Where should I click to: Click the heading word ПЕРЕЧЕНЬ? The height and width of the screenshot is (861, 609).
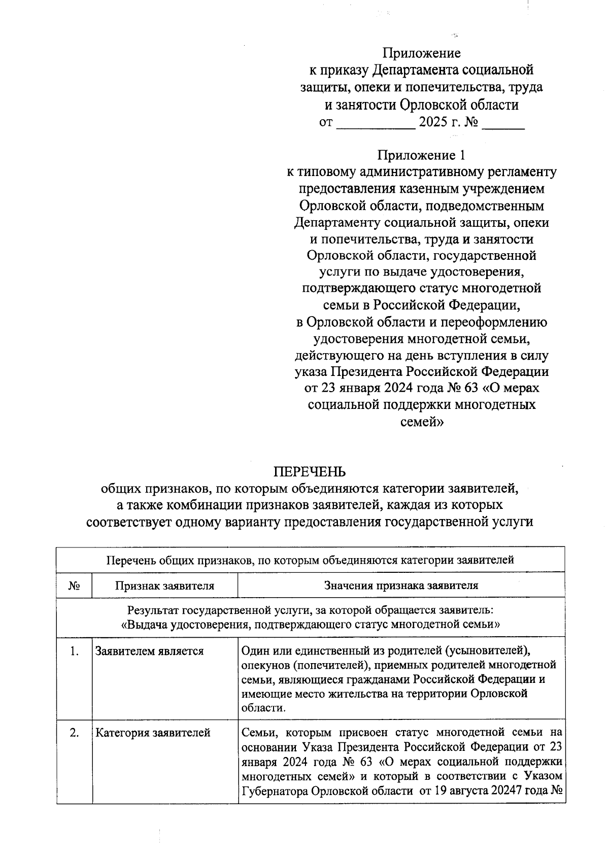[x=310, y=471]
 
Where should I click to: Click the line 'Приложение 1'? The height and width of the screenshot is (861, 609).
[x=421, y=155]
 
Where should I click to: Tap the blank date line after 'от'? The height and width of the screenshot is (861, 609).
[x=376, y=123]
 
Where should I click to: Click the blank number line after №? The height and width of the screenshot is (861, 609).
[x=502, y=123]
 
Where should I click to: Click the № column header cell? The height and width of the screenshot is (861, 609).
[x=74, y=586]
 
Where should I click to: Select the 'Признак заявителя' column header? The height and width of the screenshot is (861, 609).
[x=164, y=586]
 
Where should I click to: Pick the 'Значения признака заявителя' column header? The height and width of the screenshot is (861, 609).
[x=401, y=586]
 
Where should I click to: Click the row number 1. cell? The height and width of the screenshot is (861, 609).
[x=74, y=651]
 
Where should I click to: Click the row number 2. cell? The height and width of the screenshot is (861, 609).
[x=74, y=733]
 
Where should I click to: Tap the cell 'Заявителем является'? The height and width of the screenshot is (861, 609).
[x=150, y=651]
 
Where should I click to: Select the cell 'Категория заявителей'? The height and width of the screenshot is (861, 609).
[x=153, y=733]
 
